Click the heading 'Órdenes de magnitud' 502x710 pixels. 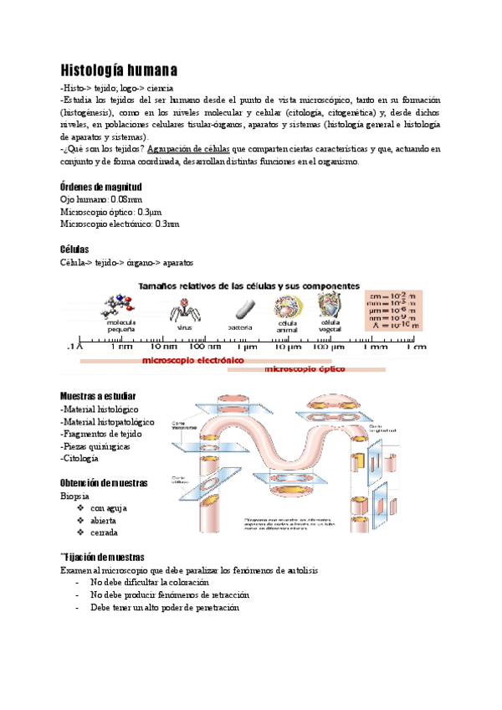coord(101,187)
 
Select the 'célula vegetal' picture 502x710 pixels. coord(329,303)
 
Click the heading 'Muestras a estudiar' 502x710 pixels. coord(98,396)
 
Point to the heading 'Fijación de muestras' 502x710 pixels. coord(103,557)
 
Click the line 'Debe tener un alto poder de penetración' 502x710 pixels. coord(165,608)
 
